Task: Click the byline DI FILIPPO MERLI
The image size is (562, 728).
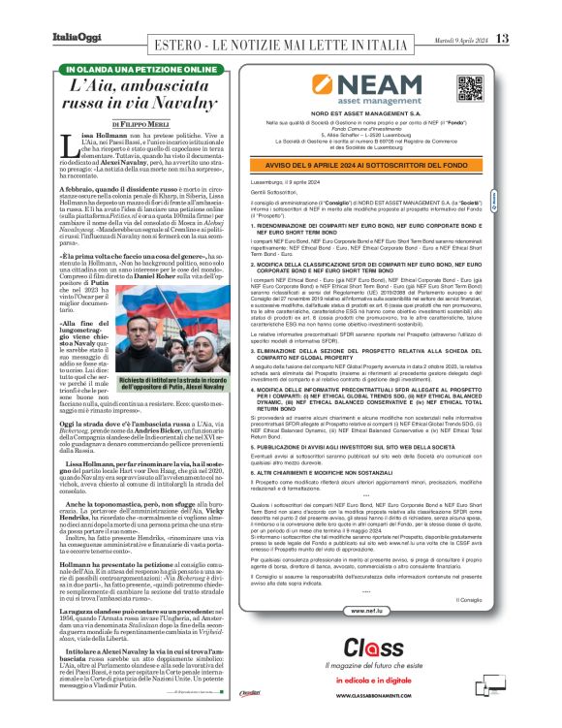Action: (141, 124)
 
